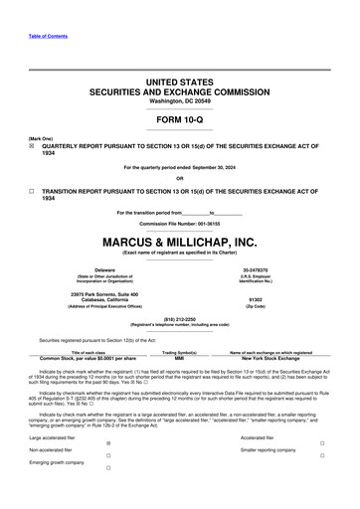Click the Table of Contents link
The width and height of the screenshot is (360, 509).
(48, 36)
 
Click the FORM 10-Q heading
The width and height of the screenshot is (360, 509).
(179, 119)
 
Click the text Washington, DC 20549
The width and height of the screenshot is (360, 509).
(179, 100)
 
